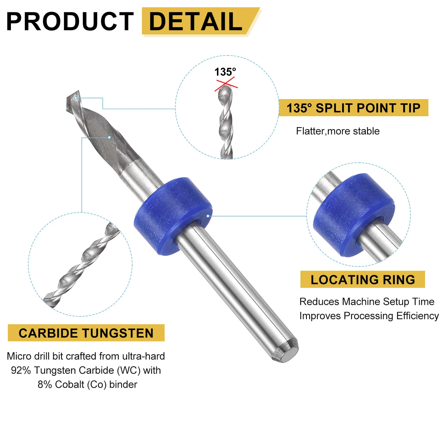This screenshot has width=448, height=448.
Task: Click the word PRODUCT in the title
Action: tap(70, 22)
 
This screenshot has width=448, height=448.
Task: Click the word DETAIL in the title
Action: tap(196, 22)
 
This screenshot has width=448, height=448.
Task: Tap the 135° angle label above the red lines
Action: tap(225, 72)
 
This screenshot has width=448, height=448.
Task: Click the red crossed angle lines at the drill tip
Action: tap(226, 84)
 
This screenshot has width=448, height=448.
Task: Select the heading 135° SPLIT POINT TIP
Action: tap(353, 108)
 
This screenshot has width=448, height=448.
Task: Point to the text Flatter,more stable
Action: tap(338, 131)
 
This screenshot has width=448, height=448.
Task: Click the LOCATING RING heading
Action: tap(363, 280)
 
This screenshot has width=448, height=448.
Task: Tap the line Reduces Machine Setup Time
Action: tap(367, 302)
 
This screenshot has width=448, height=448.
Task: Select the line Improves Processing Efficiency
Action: tap(369, 316)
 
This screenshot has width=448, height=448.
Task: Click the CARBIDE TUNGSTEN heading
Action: tap(86, 333)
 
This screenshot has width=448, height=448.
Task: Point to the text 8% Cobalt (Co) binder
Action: tap(87, 385)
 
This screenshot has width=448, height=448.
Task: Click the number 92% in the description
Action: tap(21, 370)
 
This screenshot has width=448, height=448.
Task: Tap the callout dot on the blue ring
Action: tap(208, 216)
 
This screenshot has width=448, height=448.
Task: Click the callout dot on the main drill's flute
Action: tap(109, 137)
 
